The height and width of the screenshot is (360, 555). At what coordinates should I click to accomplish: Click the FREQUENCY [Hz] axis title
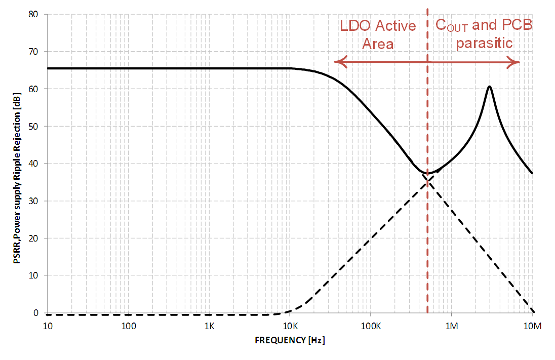[290, 340]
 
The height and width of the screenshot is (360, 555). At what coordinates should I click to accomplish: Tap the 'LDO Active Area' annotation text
[378, 34]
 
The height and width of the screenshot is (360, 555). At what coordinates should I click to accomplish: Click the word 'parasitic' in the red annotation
[484, 43]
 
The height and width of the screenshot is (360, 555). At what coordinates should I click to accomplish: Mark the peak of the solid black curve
[490, 87]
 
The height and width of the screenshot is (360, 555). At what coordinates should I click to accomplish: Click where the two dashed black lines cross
[427, 180]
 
